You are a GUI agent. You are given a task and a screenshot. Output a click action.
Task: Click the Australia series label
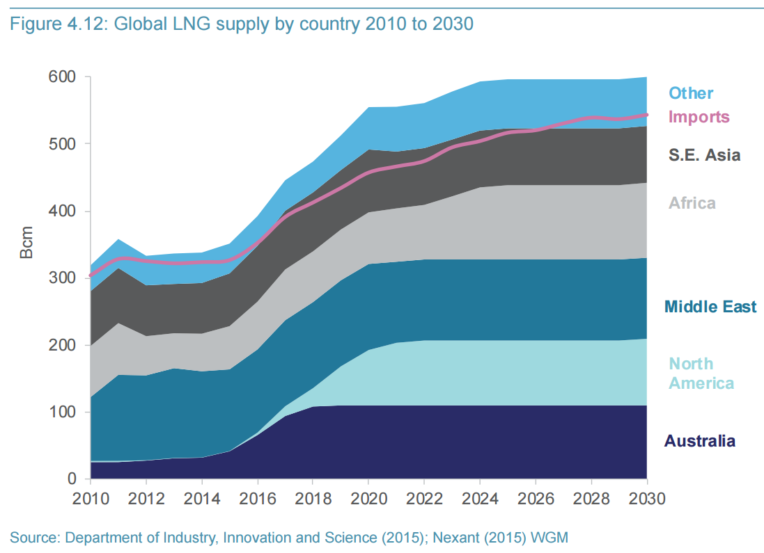[699, 441]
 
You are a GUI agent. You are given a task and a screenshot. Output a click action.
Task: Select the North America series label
[701, 374]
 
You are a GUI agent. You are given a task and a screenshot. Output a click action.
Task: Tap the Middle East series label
[710, 307]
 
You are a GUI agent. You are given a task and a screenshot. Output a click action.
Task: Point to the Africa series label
[692, 203]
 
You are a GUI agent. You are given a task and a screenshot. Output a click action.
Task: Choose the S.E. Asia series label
[704, 155]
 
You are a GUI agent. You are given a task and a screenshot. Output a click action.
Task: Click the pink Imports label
[699, 117]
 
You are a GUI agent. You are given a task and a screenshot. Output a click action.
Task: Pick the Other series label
[691, 93]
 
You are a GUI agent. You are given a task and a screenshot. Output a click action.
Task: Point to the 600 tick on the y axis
[61, 77]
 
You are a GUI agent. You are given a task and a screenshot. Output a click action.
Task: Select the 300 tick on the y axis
[61, 278]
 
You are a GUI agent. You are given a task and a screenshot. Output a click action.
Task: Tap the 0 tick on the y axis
[71, 479]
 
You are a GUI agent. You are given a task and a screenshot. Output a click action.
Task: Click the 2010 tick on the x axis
[90, 498]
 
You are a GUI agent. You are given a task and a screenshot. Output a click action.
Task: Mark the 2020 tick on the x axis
[368, 498]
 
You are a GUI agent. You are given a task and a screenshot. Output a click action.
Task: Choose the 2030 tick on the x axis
[647, 498]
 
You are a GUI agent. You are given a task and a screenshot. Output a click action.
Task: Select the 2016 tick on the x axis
[257, 498]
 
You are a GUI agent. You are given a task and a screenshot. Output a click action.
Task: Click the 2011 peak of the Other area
[118, 240]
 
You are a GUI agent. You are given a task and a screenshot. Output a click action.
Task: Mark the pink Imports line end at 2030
[646, 115]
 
